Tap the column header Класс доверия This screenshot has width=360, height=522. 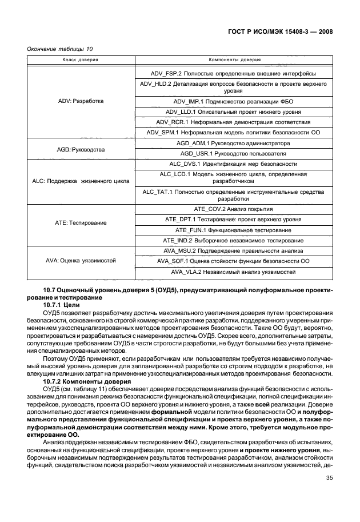(x=81, y=59)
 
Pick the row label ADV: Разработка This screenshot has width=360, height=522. (x=81, y=101)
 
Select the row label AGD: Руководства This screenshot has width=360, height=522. (x=81, y=149)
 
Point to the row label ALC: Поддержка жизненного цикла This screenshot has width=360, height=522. (x=81, y=181)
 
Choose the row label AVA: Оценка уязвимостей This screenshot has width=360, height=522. (x=81, y=260)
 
